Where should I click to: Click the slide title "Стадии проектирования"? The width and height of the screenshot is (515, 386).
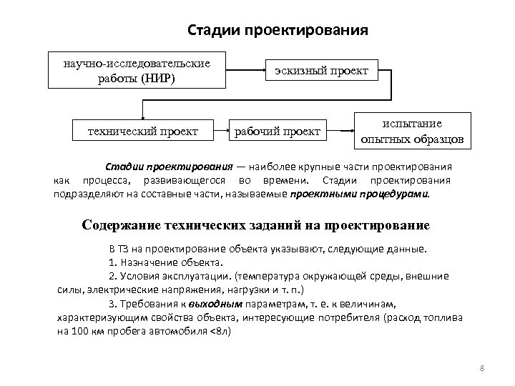(x=278, y=31)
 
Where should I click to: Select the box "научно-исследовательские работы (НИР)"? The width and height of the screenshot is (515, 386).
(x=136, y=71)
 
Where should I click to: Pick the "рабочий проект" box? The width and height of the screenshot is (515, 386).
(x=278, y=131)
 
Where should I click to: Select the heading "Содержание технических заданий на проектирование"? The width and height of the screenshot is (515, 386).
(x=256, y=225)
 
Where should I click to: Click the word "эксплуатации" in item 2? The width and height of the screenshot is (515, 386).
(x=202, y=276)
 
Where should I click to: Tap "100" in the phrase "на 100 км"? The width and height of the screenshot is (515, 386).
(x=80, y=332)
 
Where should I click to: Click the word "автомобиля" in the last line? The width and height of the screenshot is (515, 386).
(x=180, y=332)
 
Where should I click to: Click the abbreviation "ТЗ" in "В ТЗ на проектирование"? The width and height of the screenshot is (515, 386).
(x=123, y=249)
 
